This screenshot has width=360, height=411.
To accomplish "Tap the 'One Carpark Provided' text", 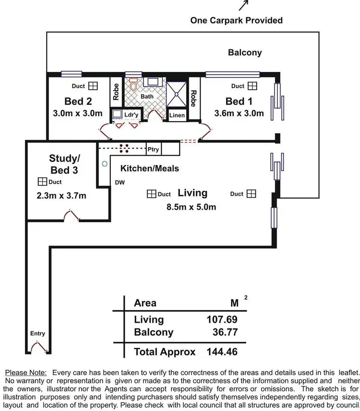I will click(x=236, y=20).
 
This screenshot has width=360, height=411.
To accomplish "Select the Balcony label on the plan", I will click(x=245, y=52).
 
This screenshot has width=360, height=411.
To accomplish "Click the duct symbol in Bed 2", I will click(x=93, y=86).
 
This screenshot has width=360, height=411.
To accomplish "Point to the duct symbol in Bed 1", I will click(x=252, y=86).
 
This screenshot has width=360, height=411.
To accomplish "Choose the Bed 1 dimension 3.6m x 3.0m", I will click(x=239, y=114).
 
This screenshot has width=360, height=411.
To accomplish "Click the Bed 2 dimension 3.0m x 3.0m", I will click(x=78, y=114).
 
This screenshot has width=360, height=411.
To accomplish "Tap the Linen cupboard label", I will click(x=177, y=116).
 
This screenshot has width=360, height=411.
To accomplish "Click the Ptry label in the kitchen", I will click(x=153, y=150).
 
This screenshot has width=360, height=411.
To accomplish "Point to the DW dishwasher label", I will click(x=120, y=182).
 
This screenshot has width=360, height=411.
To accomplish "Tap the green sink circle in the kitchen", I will click(x=104, y=164).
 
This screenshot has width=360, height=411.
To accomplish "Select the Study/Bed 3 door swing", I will click(x=71, y=217).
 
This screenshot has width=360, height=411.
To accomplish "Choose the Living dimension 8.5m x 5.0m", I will click(x=191, y=207).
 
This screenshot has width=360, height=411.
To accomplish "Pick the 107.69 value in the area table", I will click(x=222, y=319).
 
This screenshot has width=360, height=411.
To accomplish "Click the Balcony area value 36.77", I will click(x=225, y=332).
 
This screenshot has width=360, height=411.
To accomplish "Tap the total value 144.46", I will click(x=222, y=352).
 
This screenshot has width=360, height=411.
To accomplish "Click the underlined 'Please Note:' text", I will click(x=26, y=372).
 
